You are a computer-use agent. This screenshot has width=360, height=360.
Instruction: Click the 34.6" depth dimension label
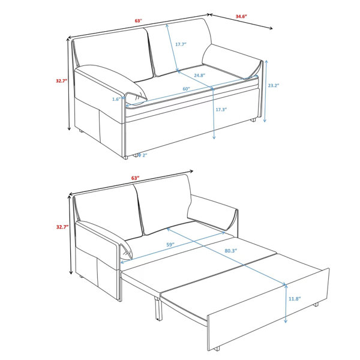[x=241, y=17]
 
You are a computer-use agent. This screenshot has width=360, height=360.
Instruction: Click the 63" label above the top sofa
[x=138, y=20]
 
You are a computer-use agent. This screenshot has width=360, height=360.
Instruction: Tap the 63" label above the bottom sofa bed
[x=135, y=178]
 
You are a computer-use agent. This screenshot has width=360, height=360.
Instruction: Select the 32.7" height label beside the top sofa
[x=62, y=81]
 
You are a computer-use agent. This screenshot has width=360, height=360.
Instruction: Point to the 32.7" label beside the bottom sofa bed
[x=62, y=227]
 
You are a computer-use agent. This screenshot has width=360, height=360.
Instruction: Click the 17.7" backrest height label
[x=181, y=44]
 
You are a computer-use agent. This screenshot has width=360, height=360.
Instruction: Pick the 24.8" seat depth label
[x=199, y=75]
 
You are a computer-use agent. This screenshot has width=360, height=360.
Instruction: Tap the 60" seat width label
[x=186, y=89]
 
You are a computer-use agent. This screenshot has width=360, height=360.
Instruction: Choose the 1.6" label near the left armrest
[x=116, y=99]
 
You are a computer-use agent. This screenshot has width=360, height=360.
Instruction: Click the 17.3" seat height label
[x=221, y=110]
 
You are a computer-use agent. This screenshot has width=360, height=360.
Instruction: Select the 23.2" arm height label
[x=274, y=85]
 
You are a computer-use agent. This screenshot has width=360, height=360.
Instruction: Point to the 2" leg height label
[x=145, y=155]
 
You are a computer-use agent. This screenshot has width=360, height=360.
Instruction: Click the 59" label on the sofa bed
[x=170, y=245]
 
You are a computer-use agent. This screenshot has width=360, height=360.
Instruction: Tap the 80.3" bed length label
[x=231, y=251]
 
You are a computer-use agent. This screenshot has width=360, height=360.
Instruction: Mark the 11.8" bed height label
[x=295, y=299]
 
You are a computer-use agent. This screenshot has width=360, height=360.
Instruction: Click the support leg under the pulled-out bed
[x=158, y=308]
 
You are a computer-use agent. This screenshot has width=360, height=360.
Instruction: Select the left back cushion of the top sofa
[x=113, y=55]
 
